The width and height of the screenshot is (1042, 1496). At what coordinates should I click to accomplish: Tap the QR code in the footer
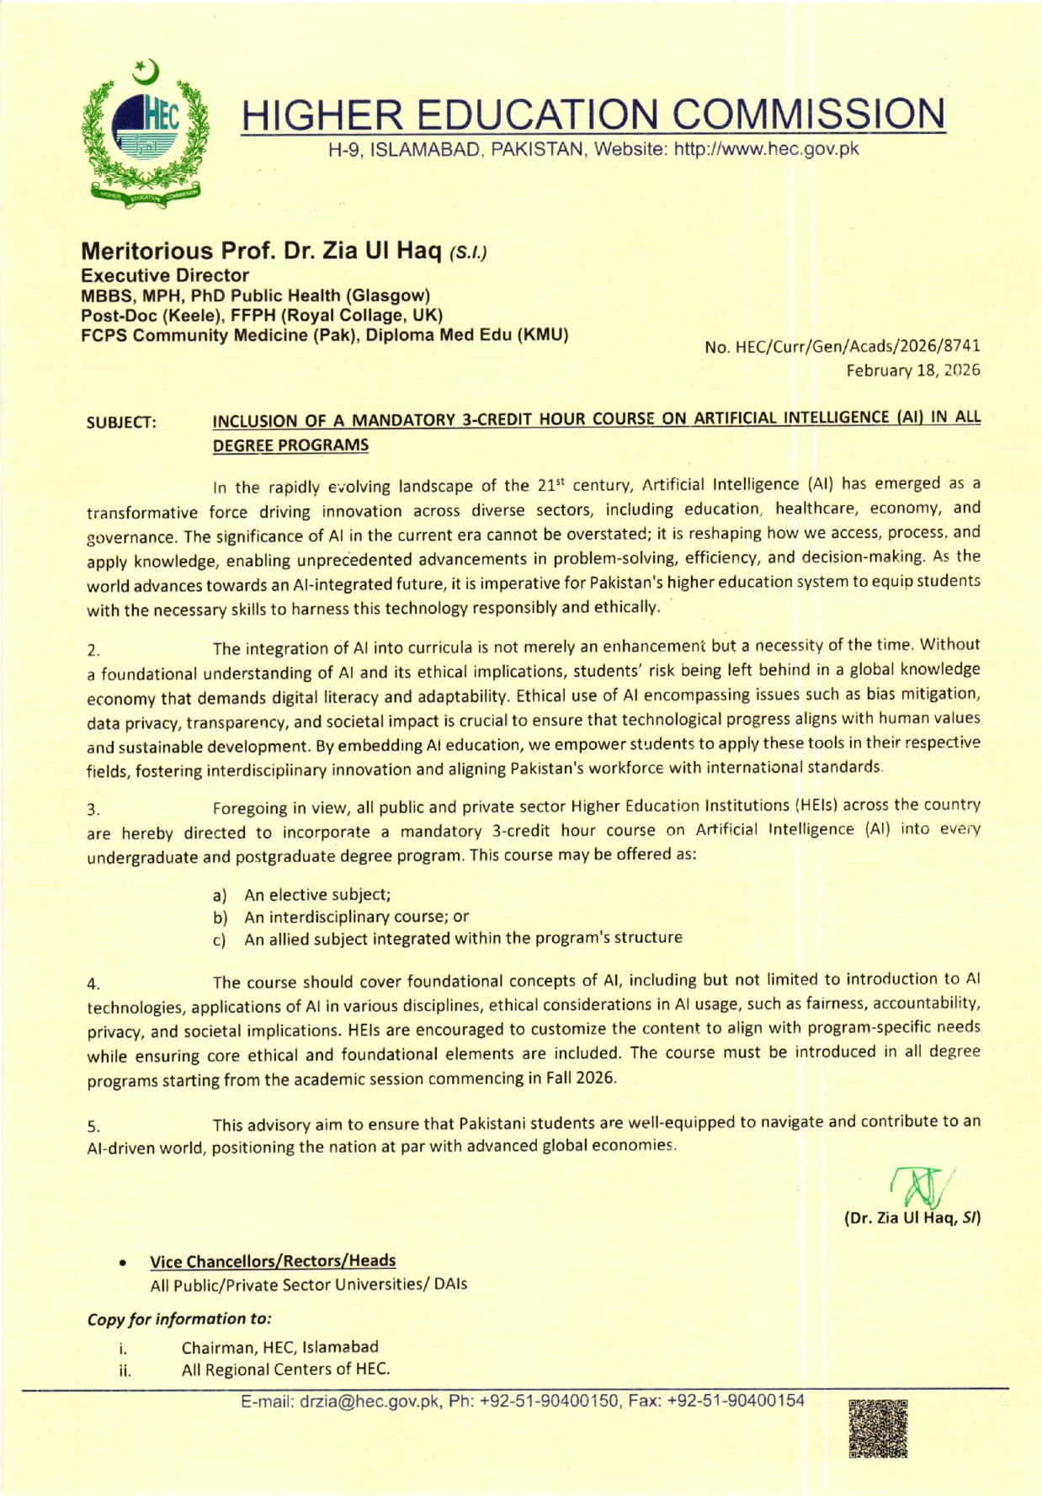[x=878, y=1428]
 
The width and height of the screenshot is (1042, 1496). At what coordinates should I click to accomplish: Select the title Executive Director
[x=165, y=275]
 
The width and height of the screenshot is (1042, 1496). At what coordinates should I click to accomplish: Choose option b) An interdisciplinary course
[x=341, y=917]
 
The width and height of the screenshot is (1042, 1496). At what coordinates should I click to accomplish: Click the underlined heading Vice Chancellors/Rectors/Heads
[x=273, y=1260]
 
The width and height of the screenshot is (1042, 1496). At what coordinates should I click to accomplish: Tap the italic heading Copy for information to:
[x=179, y=1318]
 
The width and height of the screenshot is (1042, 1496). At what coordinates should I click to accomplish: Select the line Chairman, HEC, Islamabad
[x=279, y=1347]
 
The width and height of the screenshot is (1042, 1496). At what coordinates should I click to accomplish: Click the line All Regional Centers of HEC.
[x=285, y=1370]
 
